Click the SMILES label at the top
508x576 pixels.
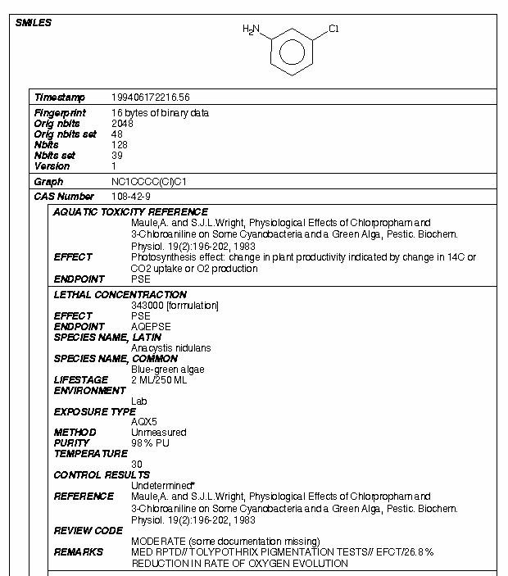point(34,22)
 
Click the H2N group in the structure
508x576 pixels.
point(251,29)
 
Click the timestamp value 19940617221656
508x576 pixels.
point(150,98)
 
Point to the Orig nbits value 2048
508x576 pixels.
point(122,124)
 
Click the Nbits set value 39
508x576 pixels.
point(116,156)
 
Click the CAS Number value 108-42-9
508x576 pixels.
point(131,197)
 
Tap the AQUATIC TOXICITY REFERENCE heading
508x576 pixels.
point(130,212)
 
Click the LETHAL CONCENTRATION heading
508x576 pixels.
point(120,294)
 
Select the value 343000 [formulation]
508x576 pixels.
point(175,306)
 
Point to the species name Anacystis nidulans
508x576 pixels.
point(170,348)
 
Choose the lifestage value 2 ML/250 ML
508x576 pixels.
point(159,380)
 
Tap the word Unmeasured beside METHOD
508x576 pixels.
point(158,433)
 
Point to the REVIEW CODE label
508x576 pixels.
point(88,530)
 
